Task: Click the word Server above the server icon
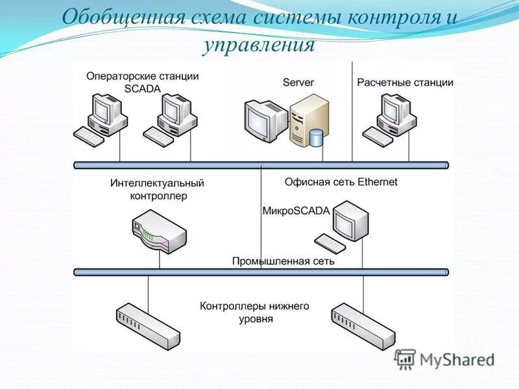click(298, 82)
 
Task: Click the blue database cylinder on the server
click(316, 138)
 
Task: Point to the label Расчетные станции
click(405, 82)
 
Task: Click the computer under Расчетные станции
click(392, 117)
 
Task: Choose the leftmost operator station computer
click(104, 117)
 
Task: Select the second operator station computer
click(173, 117)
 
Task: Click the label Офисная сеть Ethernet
click(341, 182)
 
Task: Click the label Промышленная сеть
click(284, 261)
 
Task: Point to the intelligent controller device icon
click(158, 234)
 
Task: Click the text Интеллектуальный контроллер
click(157, 189)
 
